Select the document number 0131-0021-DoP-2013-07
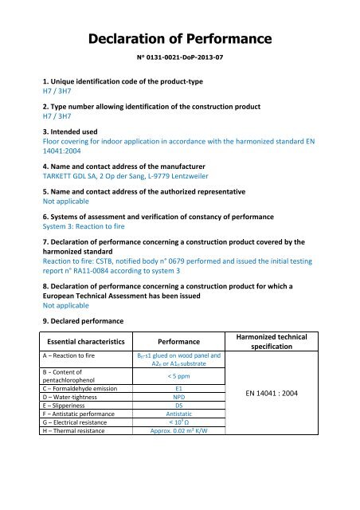click(180, 57)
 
